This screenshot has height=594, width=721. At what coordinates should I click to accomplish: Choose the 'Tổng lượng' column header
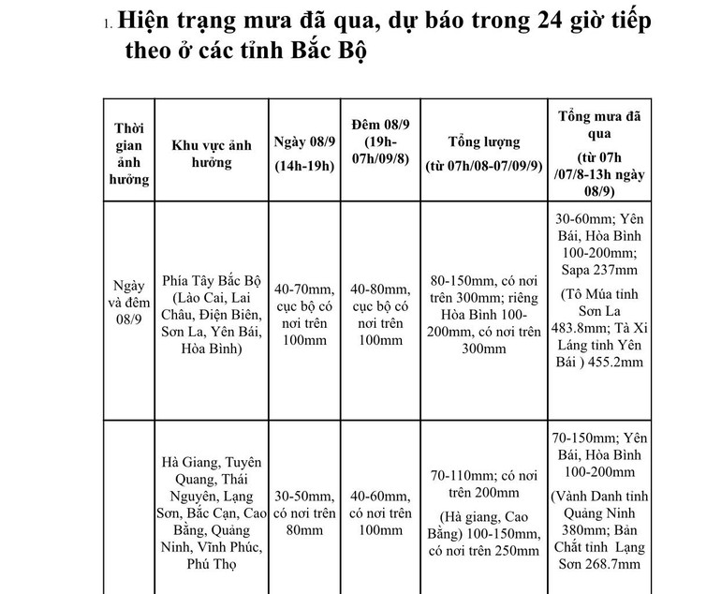click(483, 154)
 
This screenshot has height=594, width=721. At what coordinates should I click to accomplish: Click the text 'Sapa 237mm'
click(596, 271)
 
